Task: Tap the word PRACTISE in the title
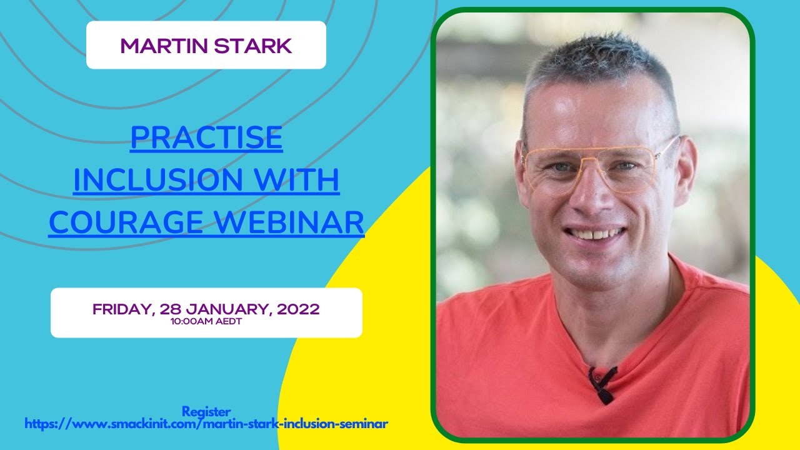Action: point(206,138)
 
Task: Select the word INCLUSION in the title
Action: point(155,180)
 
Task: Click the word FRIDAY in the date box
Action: point(122,309)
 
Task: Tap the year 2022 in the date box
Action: point(299,309)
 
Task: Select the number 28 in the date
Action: point(170,309)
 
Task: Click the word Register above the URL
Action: point(206,411)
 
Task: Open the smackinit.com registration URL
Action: point(206,424)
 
